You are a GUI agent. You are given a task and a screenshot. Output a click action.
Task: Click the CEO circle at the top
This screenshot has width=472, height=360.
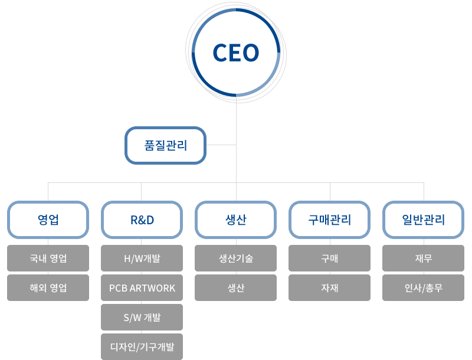(236, 53)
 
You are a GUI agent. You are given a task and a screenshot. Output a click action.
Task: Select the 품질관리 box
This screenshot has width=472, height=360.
(166, 145)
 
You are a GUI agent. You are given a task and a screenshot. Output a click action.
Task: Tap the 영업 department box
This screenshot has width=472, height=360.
(48, 220)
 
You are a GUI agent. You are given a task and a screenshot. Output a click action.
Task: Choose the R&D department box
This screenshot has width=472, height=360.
(142, 220)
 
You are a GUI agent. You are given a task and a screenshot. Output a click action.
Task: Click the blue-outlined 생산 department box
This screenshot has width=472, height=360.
(235, 220)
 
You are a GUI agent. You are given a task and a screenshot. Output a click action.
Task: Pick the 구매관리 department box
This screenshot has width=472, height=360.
(330, 220)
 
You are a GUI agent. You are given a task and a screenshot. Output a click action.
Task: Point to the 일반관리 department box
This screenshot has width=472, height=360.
(424, 220)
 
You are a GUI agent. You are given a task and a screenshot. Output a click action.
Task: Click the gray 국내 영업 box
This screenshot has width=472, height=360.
(48, 258)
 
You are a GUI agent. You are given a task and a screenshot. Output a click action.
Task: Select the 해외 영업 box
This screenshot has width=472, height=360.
(48, 288)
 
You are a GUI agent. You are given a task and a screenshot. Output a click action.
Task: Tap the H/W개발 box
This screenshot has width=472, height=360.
(142, 258)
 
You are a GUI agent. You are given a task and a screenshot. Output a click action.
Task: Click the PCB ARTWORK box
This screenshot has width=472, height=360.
(142, 288)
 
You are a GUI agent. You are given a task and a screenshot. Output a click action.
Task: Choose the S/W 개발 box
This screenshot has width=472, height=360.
(142, 318)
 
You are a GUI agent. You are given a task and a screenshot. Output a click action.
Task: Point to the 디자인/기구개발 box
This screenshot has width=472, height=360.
(142, 347)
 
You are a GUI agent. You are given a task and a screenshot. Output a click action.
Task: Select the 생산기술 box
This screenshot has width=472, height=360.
(235, 258)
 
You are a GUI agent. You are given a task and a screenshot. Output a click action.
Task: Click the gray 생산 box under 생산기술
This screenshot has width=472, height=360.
(235, 288)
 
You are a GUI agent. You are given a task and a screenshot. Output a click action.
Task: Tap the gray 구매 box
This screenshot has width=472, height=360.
(330, 258)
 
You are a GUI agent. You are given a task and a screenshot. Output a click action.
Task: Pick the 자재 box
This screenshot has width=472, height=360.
(330, 288)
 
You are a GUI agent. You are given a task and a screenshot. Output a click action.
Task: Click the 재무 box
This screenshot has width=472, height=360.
(424, 258)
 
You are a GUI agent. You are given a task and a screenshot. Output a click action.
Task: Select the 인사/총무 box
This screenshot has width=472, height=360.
(424, 288)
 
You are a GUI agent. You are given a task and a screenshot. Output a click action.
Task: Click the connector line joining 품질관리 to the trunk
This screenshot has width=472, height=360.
(221, 145)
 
